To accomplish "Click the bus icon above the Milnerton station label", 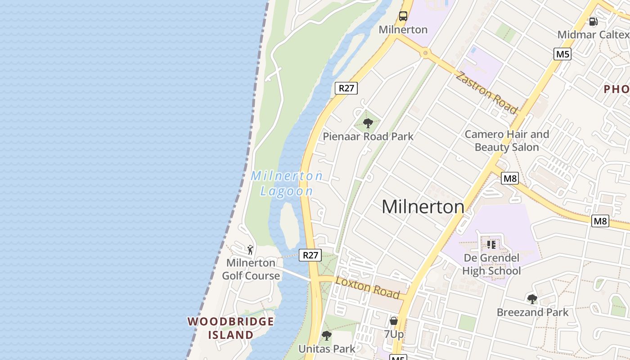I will (x=403, y=16).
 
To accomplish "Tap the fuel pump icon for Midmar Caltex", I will (x=594, y=21).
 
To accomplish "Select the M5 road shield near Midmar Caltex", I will (x=562, y=54).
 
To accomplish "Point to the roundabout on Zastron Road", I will (x=425, y=54).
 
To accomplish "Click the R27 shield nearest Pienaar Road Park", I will (x=346, y=88).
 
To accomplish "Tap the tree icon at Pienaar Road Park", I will (x=368, y=123).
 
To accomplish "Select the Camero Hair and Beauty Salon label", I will (x=507, y=141).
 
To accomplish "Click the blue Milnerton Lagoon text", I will (x=287, y=183).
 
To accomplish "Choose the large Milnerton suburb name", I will (x=423, y=207).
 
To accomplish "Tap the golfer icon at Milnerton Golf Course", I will (x=250, y=249).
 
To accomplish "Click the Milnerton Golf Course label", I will (x=251, y=269).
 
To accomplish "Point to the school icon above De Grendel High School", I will (x=491, y=244).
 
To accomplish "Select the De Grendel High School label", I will (x=491, y=265).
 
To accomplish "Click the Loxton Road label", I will (x=368, y=288).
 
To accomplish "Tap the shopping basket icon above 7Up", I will (x=394, y=321).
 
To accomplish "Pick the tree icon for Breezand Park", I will (x=532, y=299).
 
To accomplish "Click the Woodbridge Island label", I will (x=231, y=328).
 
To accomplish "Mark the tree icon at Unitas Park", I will (x=327, y=336).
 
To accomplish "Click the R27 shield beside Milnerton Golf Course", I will (x=310, y=255).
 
